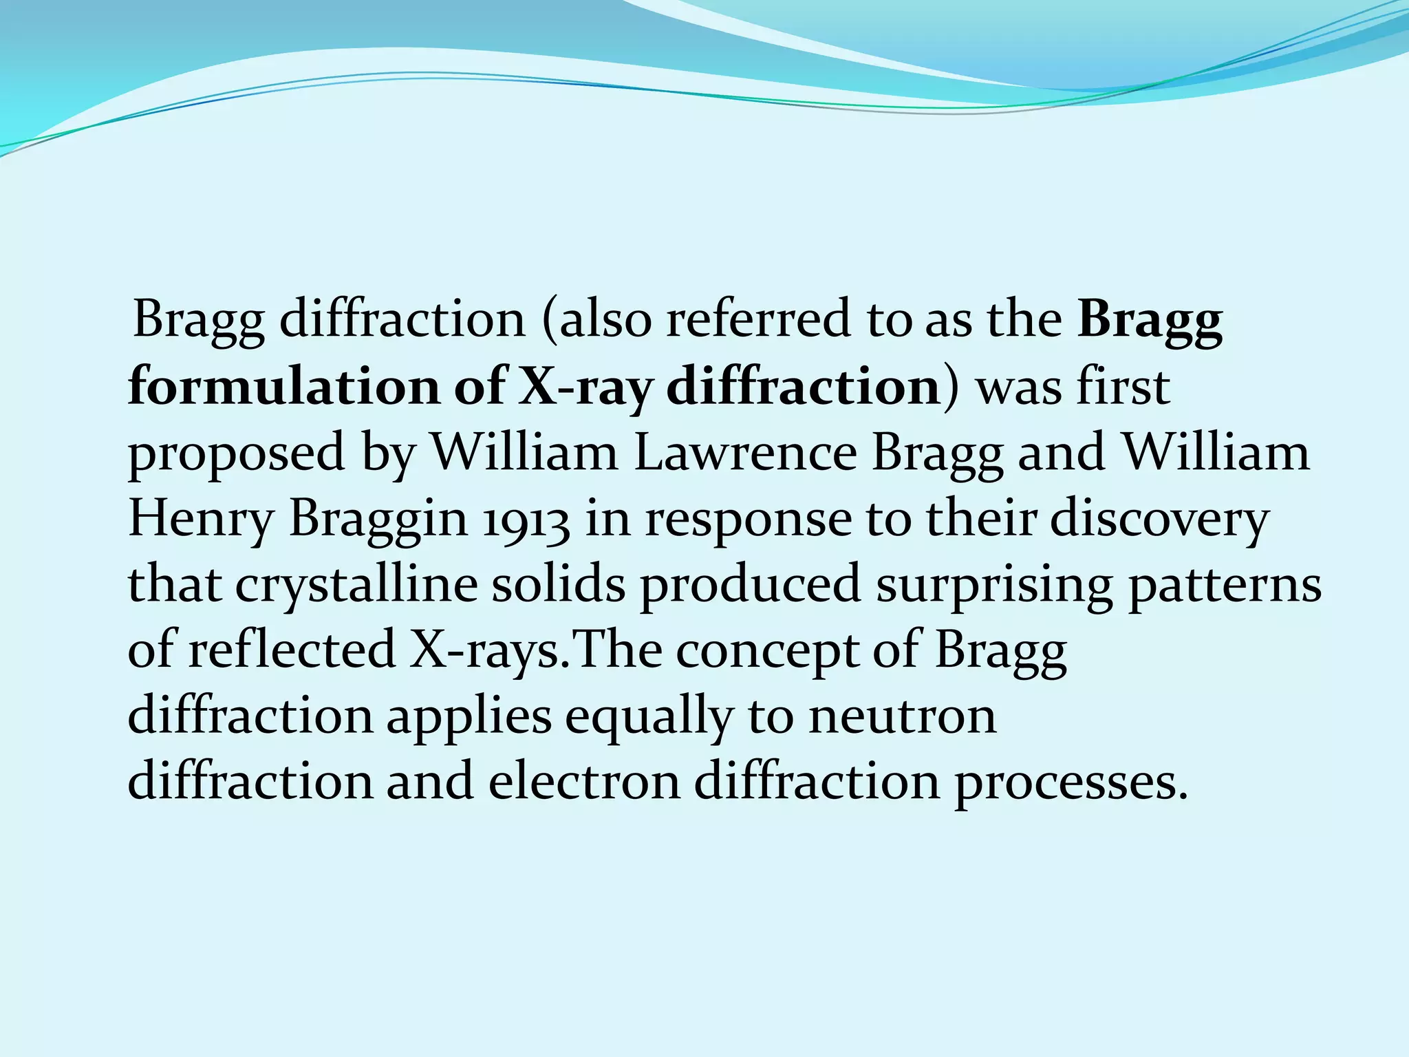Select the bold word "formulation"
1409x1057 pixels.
coord(283,386)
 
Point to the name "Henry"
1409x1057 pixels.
coord(201,519)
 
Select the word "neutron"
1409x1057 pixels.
coord(902,716)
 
